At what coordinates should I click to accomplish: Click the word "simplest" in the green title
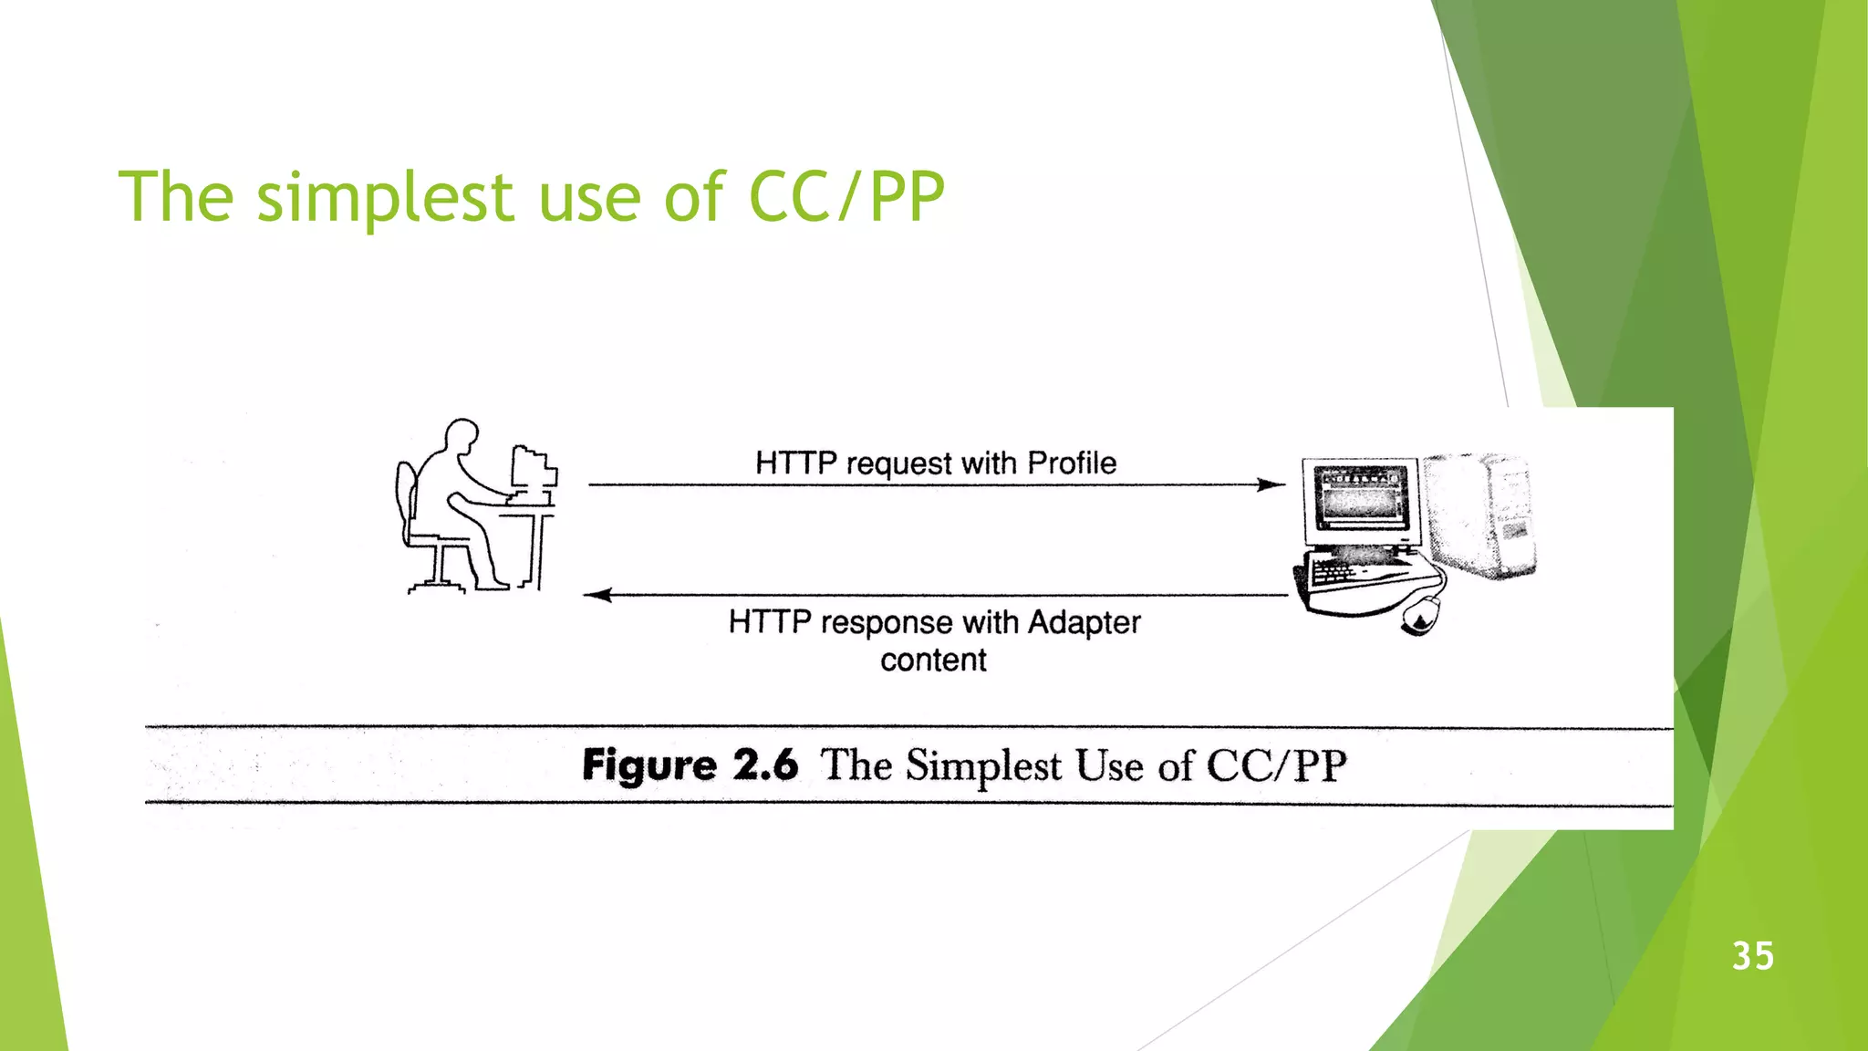point(386,198)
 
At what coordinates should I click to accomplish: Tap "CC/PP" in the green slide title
point(846,196)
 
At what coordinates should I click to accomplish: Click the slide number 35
point(1752,956)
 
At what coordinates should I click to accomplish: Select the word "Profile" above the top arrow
point(1072,463)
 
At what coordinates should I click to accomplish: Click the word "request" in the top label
point(898,464)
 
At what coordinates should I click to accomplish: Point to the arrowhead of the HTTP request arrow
point(1271,484)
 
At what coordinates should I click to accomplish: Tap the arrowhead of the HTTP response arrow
point(597,595)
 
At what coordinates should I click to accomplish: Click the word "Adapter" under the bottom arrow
point(1084,622)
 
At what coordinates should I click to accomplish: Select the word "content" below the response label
point(933,660)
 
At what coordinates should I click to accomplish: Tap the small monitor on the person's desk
point(533,470)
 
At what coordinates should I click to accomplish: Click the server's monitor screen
point(1360,496)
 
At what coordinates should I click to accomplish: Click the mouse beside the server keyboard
point(1419,616)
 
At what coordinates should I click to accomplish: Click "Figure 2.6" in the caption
point(690,765)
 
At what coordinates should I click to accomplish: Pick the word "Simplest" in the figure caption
point(983,765)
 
